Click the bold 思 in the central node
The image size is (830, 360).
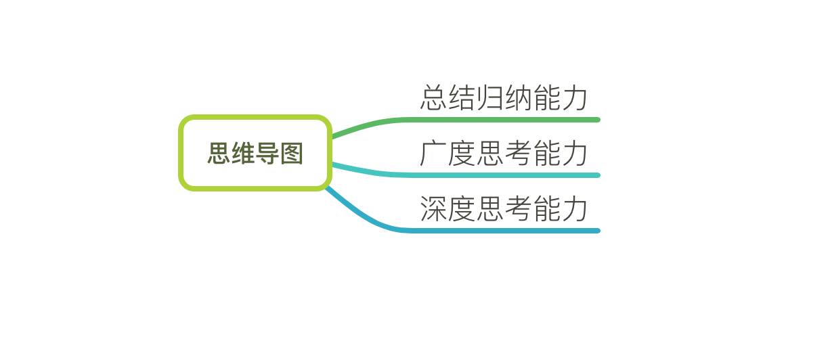[219, 154]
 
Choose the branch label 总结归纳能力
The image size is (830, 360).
[504, 98]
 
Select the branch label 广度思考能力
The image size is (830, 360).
[504, 154]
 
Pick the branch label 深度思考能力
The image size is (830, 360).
[504, 209]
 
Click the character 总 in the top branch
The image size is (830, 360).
[433, 98]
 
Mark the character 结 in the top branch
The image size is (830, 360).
[461, 98]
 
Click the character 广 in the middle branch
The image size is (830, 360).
[433, 154]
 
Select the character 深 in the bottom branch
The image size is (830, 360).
[433, 209]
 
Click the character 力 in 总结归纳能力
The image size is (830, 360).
[575, 98]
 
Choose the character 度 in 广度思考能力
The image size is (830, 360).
[461, 154]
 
